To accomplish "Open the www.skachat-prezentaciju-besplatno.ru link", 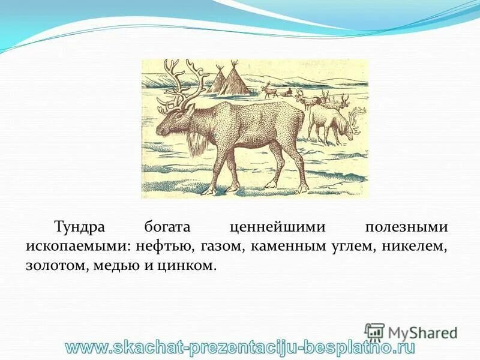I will (x=240, y=347).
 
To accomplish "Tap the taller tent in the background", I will (x=236, y=81).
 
